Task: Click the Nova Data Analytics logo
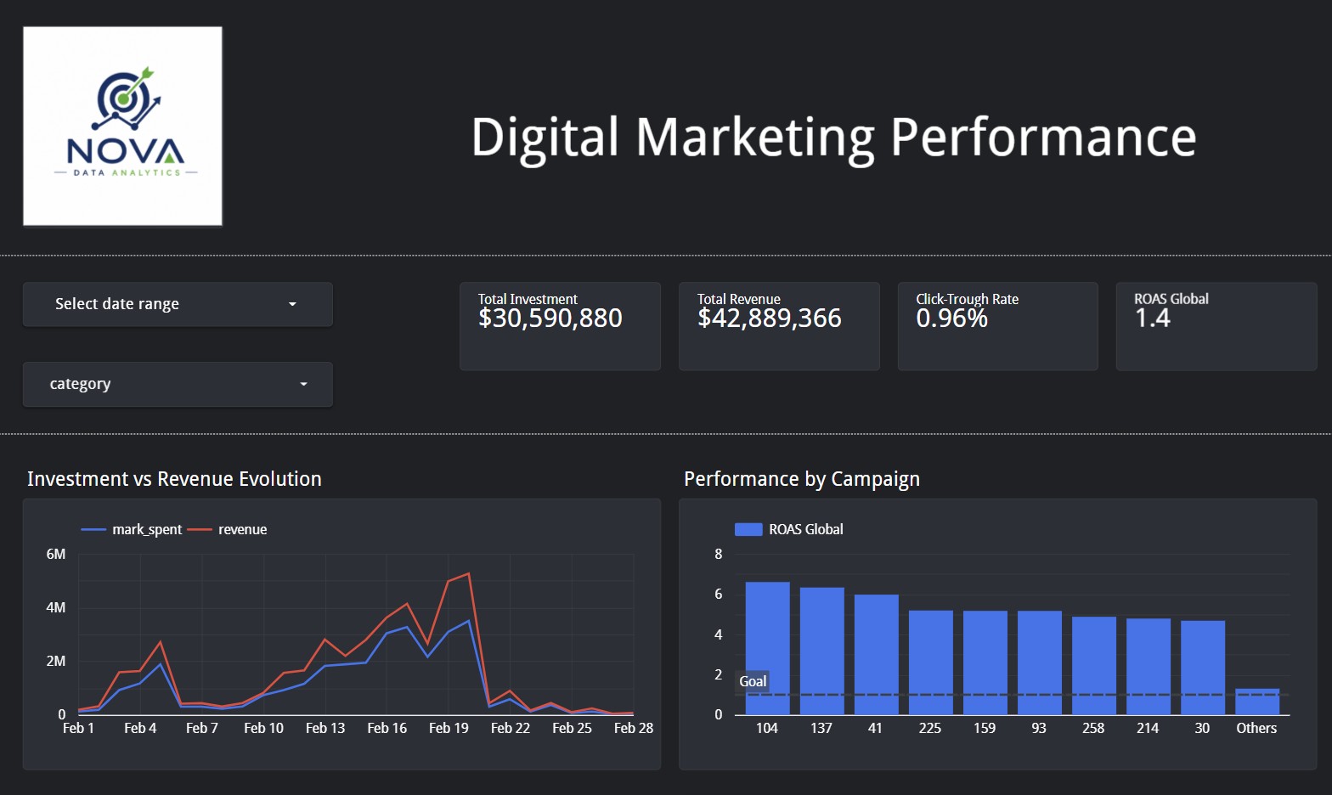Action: click(122, 126)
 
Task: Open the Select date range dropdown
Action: click(178, 304)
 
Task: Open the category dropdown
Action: click(178, 384)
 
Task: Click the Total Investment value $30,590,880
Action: click(550, 319)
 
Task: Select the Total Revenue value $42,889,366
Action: click(770, 319)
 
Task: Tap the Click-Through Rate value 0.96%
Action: click(951, 319)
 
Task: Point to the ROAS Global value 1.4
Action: click(1152, 319)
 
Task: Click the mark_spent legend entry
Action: click(131, 529)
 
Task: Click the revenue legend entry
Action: click(227, 529)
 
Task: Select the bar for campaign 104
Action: click(767, 648)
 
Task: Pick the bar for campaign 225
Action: click(931, 662)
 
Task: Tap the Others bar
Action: click(1257, 702)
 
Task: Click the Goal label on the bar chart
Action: click(753, 681)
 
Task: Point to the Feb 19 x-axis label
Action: click(449, 728)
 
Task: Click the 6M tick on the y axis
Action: click(56, 554)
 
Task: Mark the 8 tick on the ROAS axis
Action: click(719, 554)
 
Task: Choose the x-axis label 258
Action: click(1093, 728)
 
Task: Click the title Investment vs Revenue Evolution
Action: click(174, 479)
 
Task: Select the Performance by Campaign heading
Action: click(802, 479)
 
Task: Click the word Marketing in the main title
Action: click(754, 138)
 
